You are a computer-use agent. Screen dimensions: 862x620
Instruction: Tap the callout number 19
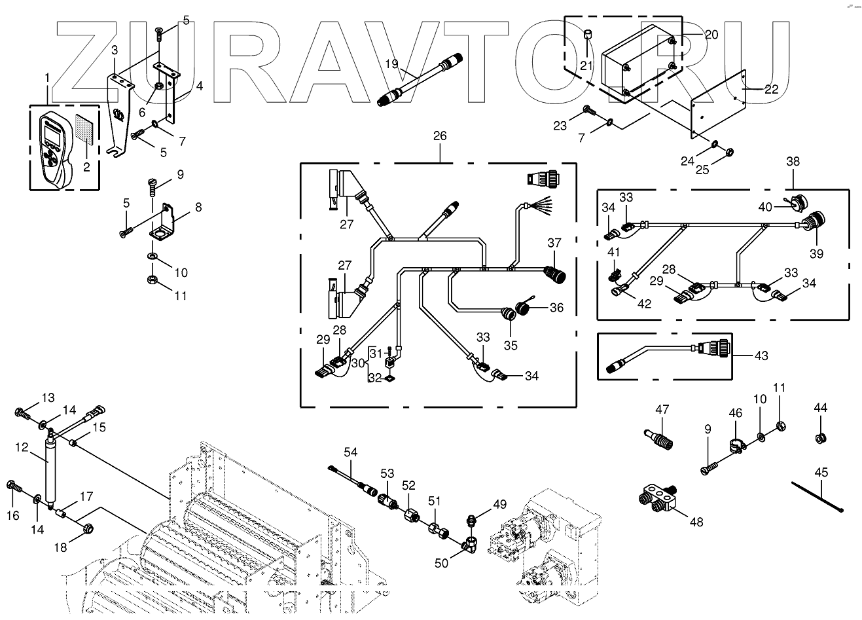click(392, 64)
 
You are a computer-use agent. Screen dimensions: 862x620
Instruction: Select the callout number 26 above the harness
click(440, 136)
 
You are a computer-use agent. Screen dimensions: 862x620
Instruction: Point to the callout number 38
click(793, 161)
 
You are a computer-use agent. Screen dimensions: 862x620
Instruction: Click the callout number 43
click(761, 356)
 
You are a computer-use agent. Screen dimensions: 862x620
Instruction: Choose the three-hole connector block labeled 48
click(658, 500)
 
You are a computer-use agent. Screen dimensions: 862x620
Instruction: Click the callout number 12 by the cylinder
click(22, 447)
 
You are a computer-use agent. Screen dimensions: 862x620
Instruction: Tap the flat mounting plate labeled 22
click(719, 104)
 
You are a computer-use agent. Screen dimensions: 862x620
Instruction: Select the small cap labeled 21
click(587, 35)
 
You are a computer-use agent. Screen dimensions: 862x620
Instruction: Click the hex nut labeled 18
click(88, 529)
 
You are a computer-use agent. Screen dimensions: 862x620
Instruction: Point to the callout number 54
click(351, 452)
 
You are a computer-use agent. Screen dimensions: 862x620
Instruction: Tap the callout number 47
click(662, 409)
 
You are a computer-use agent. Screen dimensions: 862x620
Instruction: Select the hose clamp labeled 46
click(737, 445)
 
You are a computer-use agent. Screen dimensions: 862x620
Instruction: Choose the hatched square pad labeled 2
click(84, 129)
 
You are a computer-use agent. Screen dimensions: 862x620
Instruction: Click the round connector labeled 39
click(814, 223)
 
